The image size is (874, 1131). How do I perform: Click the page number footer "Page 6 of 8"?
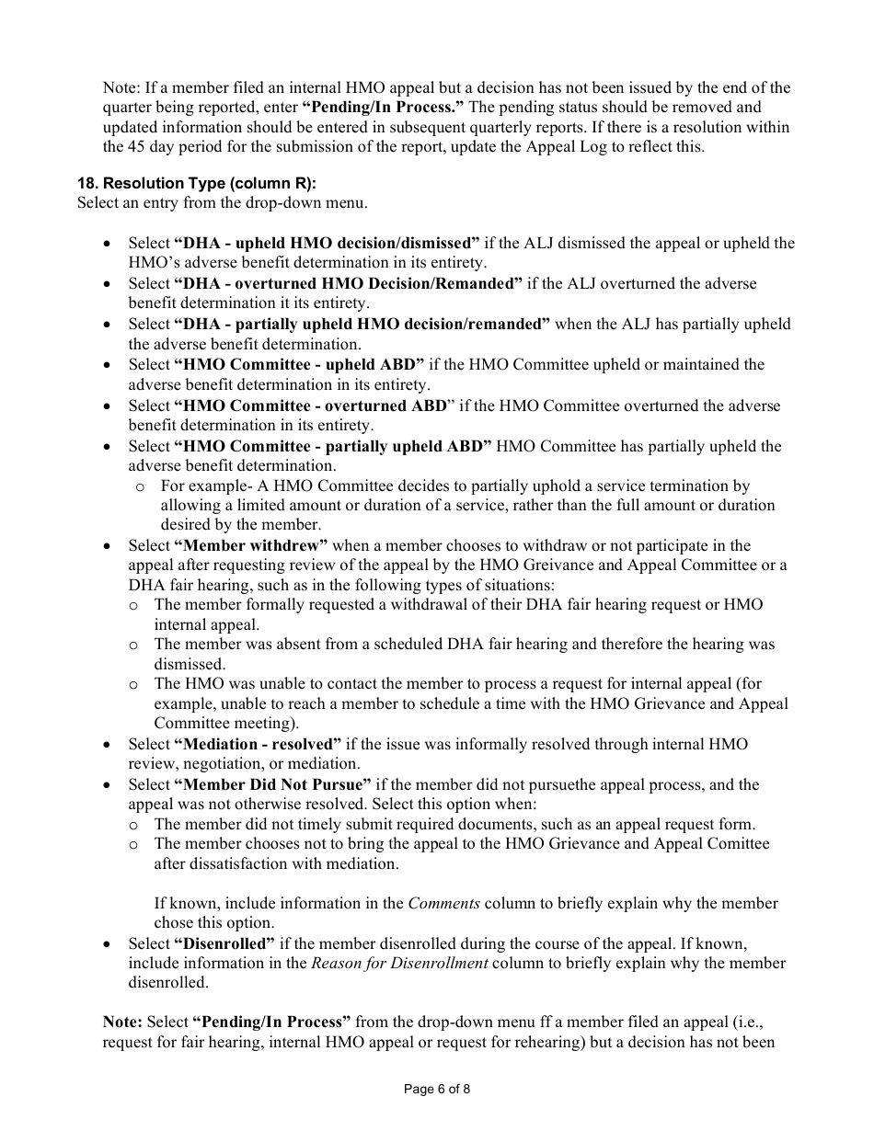437,1090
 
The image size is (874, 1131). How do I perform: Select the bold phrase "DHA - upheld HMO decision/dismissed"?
327,244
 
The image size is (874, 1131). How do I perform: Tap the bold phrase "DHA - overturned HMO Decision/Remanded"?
348,284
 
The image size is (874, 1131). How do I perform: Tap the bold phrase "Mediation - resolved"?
262,744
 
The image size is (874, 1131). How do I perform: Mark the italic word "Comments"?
443,904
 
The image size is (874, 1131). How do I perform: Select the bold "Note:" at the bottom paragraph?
122,1022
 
